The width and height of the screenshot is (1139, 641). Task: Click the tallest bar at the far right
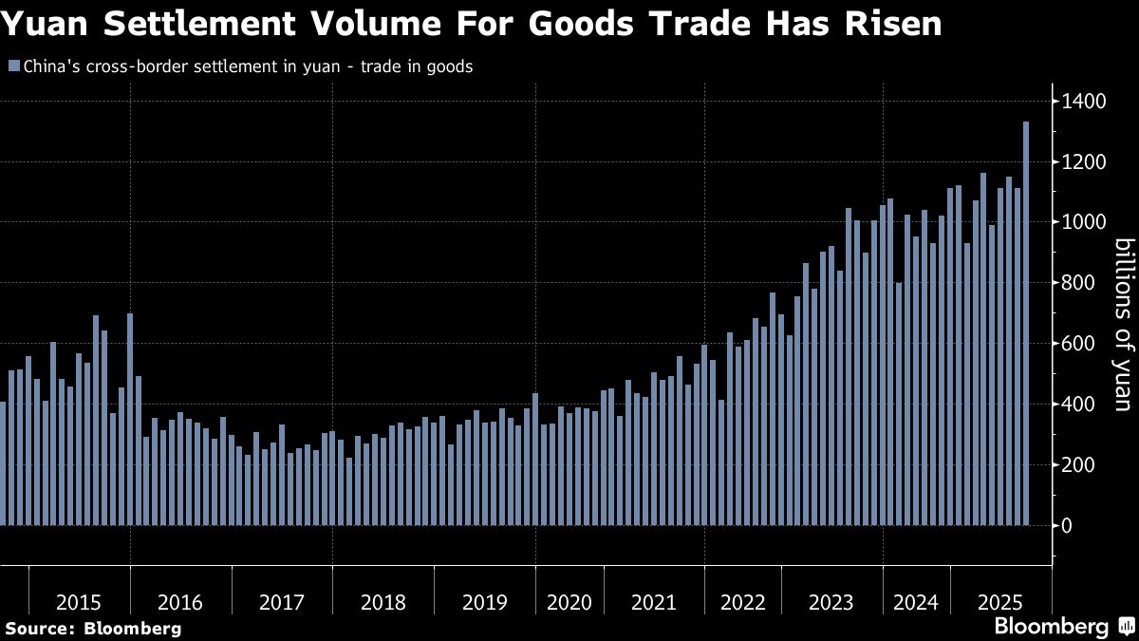coord(1026,323)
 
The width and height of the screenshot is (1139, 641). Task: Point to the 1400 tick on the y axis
coord(1083,102)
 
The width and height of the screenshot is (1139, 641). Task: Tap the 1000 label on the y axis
coord(1083,222)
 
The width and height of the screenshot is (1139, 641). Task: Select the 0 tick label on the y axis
coord(1068,525)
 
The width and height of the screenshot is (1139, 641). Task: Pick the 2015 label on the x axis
coord(79,602)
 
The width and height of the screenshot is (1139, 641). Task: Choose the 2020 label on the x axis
coord(569,602)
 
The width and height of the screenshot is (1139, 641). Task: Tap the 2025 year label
coord(1000,602)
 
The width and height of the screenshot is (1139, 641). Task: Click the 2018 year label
coord(383,602)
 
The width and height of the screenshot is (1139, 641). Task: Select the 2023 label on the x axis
coord(831,602)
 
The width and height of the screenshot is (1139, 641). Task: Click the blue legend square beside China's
coord(12,67)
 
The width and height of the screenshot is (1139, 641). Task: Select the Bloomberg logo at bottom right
coord(1051,627)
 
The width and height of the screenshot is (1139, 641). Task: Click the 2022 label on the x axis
coord(742,602)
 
